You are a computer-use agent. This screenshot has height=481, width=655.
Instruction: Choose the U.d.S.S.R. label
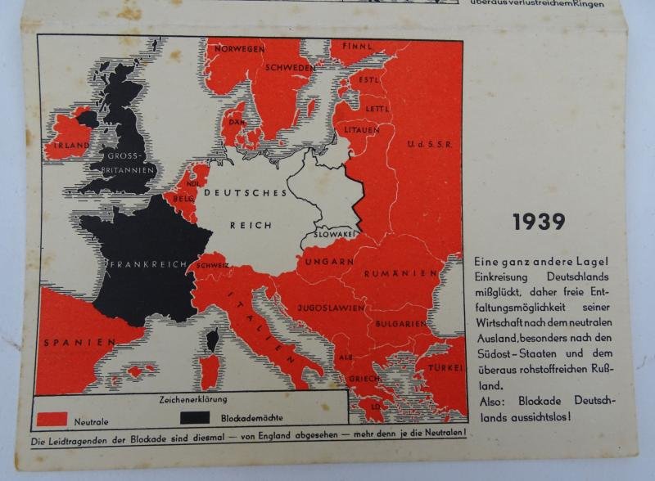pyautogui.click(x=428, y=144)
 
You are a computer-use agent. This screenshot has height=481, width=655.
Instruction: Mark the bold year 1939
pyautogui.click(x=539, y=222)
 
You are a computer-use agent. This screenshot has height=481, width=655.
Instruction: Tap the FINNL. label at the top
pyautogui.click(x=356, y=47)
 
